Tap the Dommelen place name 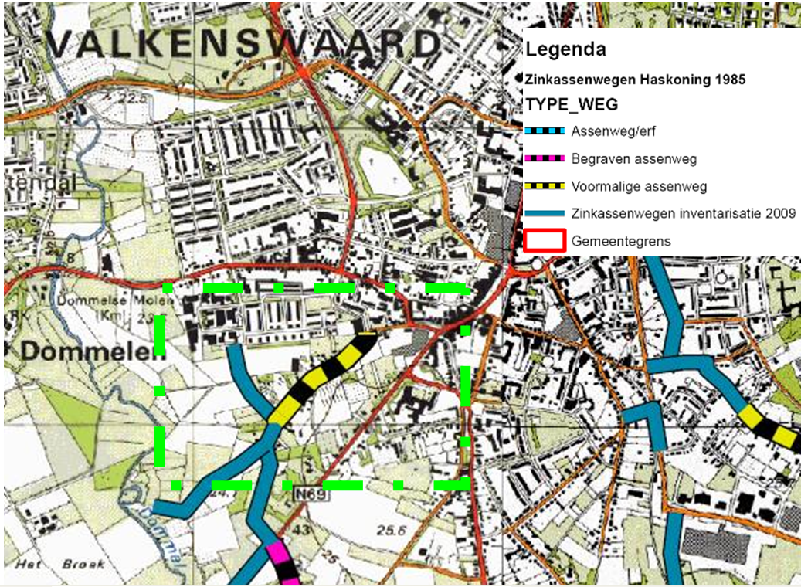click(x=93, y=351)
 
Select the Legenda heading click(x=565, y=50)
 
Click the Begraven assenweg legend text click(x=634, y=159)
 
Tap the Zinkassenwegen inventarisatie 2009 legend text click(x=683, y=214)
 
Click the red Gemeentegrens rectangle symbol click(x=545, y=241)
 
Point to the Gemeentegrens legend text click(x=621, y=242)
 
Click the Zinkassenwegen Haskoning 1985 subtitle click(x=635, y=80)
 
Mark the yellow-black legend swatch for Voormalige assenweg click(x=545, y=186)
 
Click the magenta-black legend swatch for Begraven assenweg click(x=545, y=159)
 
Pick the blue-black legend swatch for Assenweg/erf click(x=545, y=131)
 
